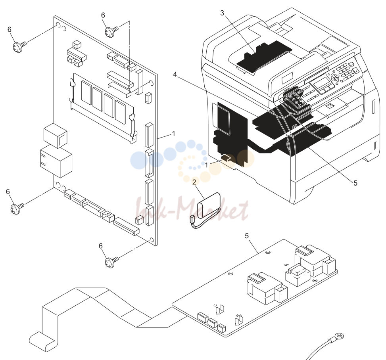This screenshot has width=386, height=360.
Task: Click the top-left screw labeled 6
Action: tap(19, 46)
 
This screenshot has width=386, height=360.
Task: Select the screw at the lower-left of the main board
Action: tap(17, 209)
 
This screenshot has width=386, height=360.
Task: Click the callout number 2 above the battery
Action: tap(194, 182)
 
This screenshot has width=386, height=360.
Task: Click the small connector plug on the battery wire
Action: tap(192, 218)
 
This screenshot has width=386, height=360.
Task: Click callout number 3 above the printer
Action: tap(222, 13)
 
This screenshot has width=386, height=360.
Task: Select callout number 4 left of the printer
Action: tap(175, 74)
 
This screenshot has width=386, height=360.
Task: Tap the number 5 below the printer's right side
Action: tap(355, 183)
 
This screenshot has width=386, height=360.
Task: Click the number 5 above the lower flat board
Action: tap(247, 236)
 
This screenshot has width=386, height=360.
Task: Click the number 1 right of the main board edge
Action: tap(173, 134)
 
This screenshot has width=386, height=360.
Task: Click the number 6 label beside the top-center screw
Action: tap(103, 15)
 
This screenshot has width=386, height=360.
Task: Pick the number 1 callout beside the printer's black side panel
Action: tap(207, 165)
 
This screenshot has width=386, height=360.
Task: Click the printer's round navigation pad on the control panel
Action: tap(335, 77)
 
